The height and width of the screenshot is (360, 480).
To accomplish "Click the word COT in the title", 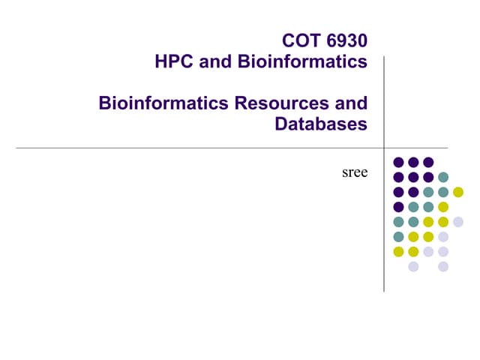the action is tap(301, 40).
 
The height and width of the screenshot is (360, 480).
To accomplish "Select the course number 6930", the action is tap(346, 40).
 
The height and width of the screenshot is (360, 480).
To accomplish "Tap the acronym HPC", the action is tap(174, 61).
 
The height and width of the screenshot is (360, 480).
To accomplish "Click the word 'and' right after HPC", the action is tap(215, 61).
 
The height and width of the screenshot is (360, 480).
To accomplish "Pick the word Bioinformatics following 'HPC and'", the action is tap(302, 61).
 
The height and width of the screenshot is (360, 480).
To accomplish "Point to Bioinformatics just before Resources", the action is tap(163, 103).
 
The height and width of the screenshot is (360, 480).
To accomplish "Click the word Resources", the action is tap(282, 103).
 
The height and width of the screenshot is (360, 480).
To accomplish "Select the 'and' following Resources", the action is tap(351, 103).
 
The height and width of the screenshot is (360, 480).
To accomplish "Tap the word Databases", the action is tap(321, 124).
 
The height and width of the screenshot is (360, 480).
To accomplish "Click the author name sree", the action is tap(355, 172).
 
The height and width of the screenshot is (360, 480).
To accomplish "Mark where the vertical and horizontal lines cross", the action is tap(384, 148).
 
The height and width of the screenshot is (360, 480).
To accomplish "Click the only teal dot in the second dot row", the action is tap(443, 177).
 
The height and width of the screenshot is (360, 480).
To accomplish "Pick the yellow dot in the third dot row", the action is tap(458, 192).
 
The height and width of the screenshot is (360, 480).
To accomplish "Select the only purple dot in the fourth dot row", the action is tap(398, 207).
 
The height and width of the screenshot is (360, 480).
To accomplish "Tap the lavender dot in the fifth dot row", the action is tap(458, 222).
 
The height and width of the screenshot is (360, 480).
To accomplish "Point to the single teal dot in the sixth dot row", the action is tap(398, 237).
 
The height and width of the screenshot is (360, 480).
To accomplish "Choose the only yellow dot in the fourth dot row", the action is tap(443, 207).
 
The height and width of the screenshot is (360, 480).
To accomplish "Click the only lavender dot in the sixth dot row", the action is tap(443, 237).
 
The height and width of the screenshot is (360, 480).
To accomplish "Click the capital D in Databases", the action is tap(281, 124).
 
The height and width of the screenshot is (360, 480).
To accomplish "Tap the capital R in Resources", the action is tap(241, 103).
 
